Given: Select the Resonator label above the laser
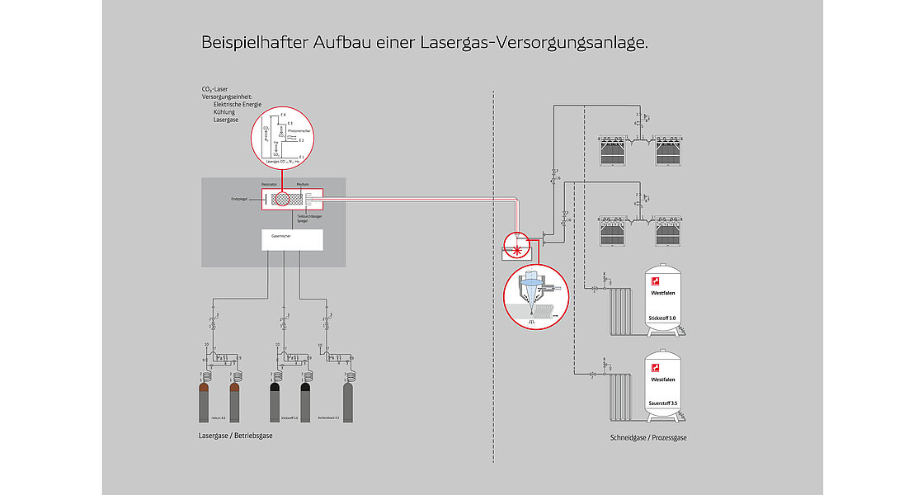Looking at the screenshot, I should point(270,185).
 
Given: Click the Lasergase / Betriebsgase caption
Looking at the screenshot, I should point(236,435).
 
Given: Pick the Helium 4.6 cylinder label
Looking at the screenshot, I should point(219,418).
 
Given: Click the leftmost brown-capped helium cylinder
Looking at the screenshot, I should point(205,401).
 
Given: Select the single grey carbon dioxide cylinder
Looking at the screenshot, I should point(348,400).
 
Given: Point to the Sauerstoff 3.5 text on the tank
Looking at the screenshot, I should point(662,403).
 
